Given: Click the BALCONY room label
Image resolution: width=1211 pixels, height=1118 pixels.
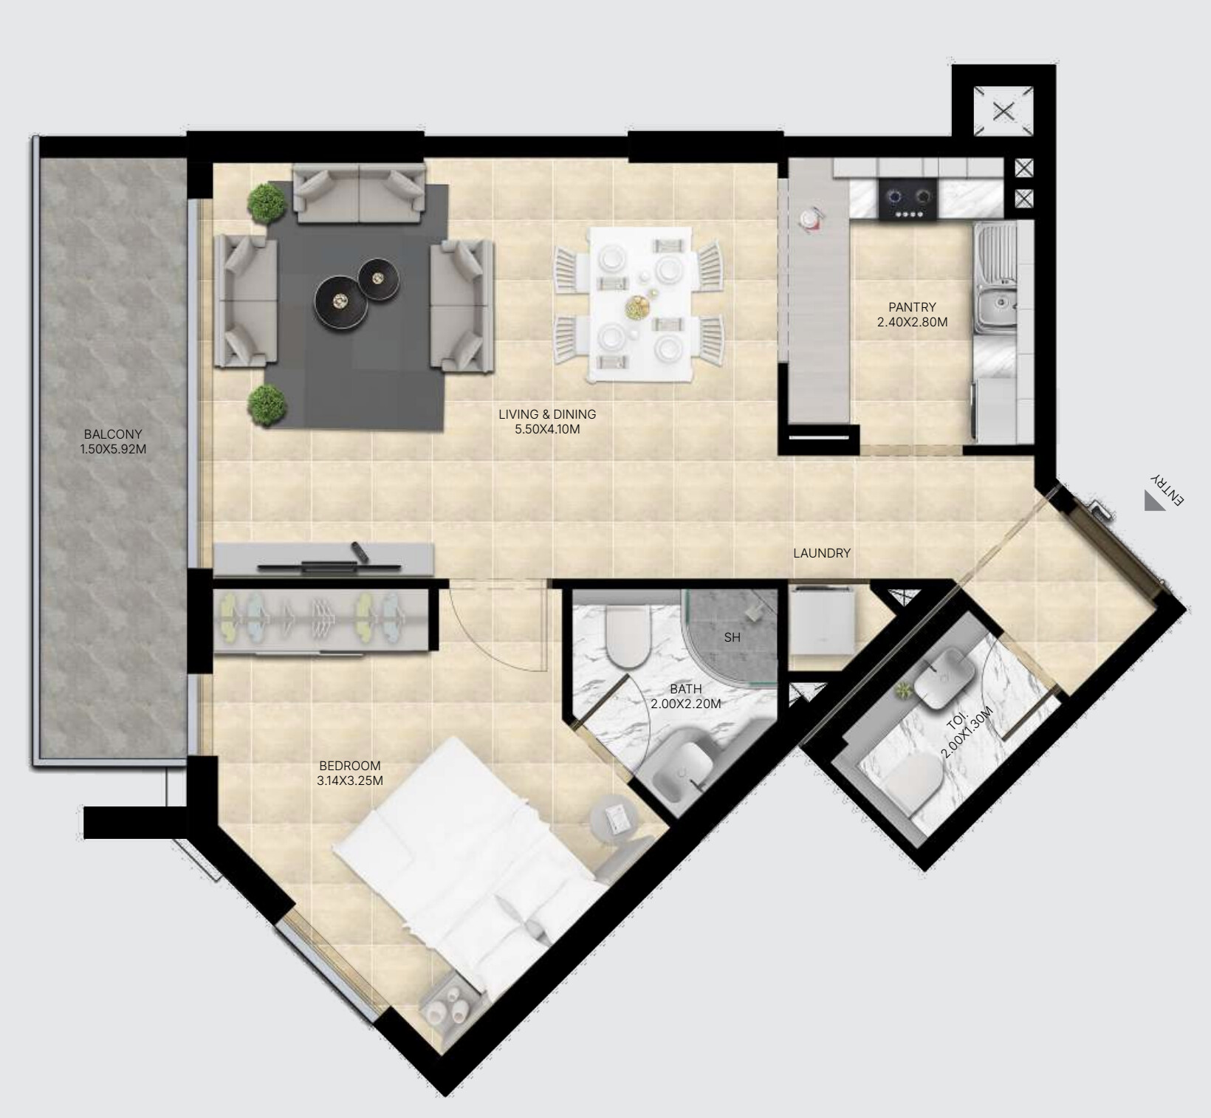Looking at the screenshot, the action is tap(113, 434).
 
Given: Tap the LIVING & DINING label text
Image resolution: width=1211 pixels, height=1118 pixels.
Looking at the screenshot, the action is tap(547, 414).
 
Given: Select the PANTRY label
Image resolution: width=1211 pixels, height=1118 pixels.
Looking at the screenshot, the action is tap(912, 307).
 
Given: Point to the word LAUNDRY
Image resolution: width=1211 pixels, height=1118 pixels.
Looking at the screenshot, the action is tap(822, 552).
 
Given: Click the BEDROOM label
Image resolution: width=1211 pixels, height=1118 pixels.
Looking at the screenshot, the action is tap(350, 766).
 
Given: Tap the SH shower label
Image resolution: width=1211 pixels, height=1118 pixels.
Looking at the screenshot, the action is tap(732, 637).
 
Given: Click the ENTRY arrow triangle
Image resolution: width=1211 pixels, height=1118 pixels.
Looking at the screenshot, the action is tap(1154, 501).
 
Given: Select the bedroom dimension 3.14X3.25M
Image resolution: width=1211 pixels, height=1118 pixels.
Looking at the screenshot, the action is tap(350, 781).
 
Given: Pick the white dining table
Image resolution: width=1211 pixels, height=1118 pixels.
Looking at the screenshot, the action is tap(640, 305).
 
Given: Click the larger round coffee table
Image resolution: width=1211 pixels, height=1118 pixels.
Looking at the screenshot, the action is tap(341, 301).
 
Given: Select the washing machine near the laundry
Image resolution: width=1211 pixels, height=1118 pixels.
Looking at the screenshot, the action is tap(823, 620).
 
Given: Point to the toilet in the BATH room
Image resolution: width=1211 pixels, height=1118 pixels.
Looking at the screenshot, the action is tap(626, 634).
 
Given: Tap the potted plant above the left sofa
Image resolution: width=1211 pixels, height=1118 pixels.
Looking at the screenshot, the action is tap(267, 202).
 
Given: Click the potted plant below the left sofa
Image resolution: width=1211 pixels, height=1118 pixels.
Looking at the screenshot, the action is tap(267, 404).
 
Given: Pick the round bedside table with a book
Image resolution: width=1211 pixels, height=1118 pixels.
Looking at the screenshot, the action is tap(614, 817).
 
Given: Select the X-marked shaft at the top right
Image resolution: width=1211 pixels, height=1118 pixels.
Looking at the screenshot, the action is tap(1003, 112).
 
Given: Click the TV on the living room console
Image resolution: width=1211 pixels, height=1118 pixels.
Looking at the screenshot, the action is tap(329, 566).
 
